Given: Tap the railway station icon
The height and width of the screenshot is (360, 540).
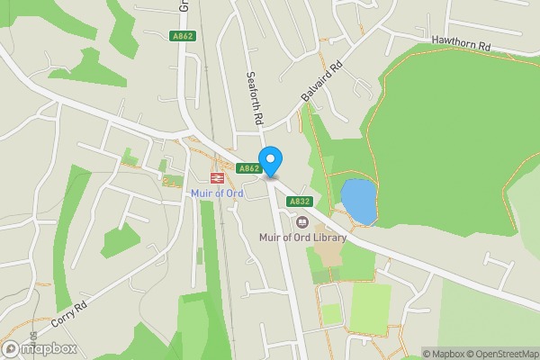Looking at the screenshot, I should point(217,178).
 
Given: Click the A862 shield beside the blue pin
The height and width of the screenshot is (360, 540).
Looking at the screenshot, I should point(248,168).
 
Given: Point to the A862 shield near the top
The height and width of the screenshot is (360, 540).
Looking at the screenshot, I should point(182,36).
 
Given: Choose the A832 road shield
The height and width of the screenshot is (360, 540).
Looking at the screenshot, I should point(300,202).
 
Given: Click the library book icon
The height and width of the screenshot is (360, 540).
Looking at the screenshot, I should point(301,221).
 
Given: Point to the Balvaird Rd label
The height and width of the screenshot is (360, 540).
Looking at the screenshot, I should point(322,81).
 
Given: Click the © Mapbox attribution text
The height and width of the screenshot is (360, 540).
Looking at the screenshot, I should point(440,354).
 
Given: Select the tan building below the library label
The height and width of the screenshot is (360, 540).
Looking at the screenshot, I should point(332,257).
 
